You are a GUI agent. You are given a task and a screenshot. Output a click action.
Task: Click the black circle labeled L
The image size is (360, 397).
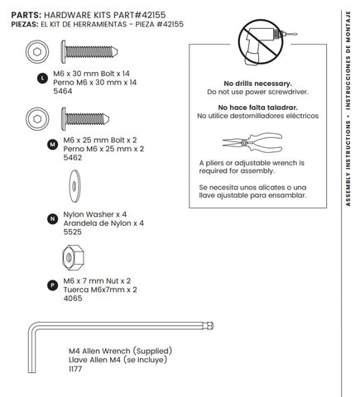(42, 79)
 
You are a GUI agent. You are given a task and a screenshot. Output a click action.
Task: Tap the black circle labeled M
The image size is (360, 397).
(52, 145)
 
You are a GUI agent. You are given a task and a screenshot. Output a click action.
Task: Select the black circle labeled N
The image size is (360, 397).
(52, 219)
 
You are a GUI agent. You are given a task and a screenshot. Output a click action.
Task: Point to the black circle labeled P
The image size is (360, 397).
(52, 285)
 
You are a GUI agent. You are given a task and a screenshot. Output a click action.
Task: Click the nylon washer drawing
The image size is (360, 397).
(74, 186)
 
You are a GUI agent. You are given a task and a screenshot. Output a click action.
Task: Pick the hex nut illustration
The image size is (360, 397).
(73, 257)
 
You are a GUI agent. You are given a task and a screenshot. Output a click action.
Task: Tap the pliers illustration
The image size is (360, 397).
(252, 142)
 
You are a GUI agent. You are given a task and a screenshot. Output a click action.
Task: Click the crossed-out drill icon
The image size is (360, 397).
(261, 42)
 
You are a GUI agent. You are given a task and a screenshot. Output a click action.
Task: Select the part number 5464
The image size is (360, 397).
(63, 91)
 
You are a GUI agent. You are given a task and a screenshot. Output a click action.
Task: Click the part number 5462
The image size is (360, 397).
(73, 158)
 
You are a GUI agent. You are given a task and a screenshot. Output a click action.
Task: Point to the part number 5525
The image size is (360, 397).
(73, 232)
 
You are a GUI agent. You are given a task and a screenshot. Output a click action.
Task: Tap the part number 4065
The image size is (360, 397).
(73, 299)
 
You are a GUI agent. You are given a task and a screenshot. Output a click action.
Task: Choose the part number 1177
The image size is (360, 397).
(75, 369)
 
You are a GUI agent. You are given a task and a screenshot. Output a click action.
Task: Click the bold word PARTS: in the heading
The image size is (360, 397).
(26, 15)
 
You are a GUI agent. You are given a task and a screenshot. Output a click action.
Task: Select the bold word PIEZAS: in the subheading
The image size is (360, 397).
(25, 24)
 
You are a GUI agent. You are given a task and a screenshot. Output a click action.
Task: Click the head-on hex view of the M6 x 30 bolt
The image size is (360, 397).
(37, 51)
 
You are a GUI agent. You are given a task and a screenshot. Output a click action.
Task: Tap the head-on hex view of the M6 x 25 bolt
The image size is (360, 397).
(37, 119)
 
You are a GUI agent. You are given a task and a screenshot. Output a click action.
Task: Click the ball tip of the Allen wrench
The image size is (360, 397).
(210, 326)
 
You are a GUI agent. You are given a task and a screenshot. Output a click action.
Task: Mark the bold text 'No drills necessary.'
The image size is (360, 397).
(257, 84)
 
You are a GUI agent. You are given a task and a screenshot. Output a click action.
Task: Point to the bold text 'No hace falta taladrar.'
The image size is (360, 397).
(257, 108)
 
